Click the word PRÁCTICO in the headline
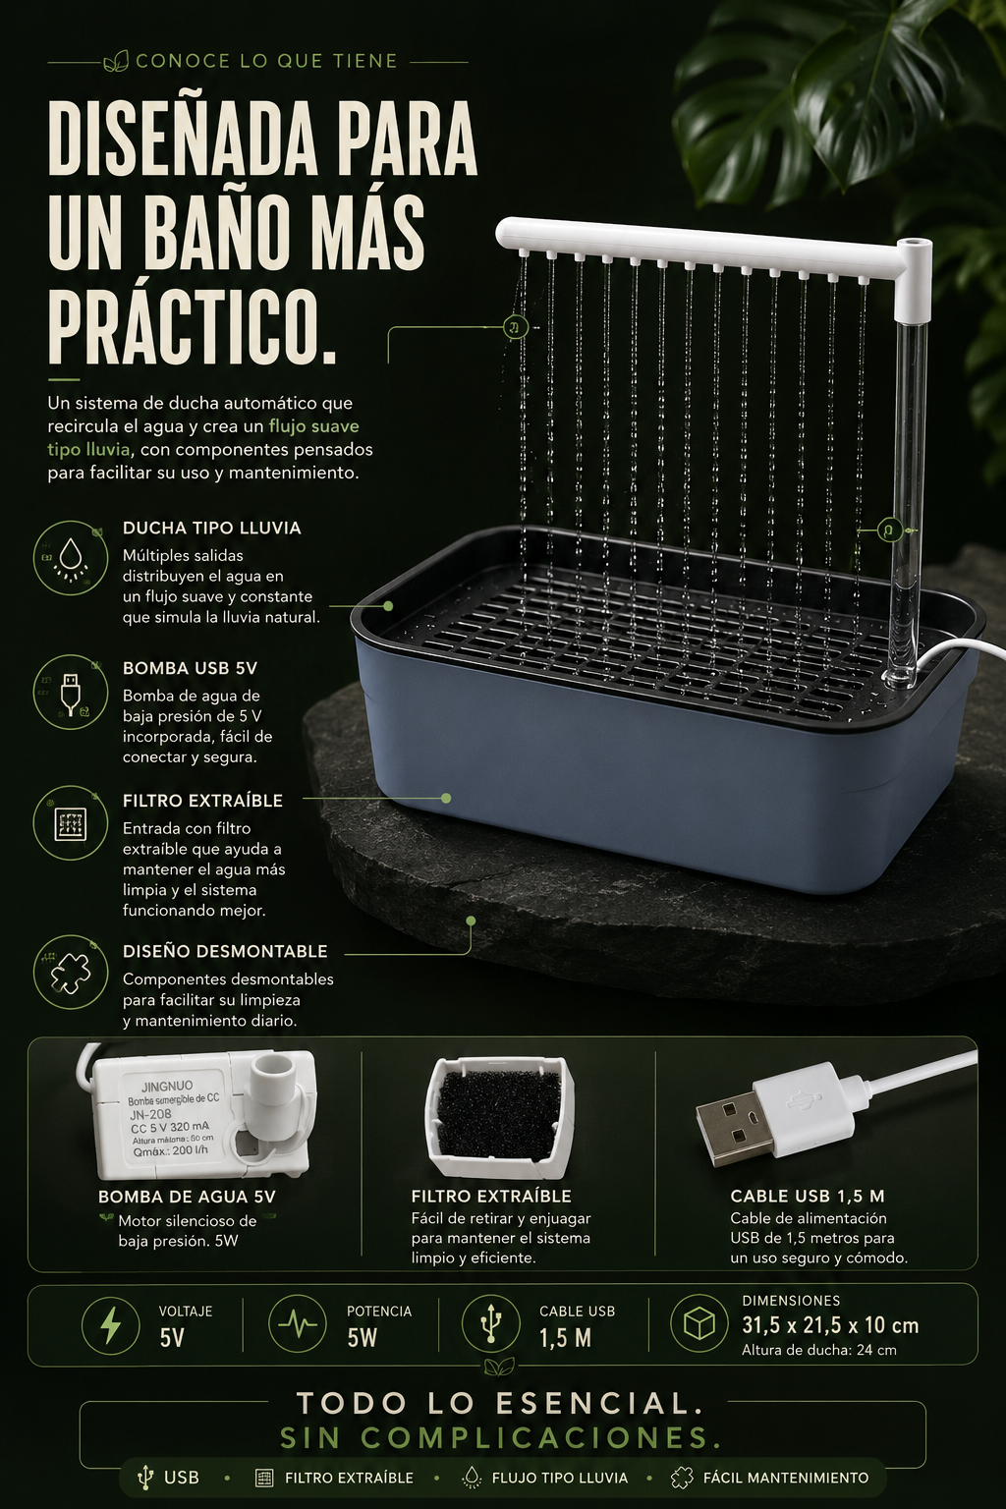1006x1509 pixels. [192, 327]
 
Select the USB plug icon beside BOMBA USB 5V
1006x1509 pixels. [70, 694]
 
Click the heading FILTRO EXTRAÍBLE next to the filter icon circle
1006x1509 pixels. [202, 801]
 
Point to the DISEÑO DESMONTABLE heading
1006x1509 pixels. [225, 951]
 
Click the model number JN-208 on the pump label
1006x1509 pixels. [150, 1114]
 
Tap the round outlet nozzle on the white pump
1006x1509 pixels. [273, 1067]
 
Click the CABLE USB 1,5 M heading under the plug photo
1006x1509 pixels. [808, 1196]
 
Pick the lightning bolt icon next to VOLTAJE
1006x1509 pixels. [110, 1324]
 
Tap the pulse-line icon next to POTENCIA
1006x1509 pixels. [297, 1324]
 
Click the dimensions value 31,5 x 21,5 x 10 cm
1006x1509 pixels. [830, 1325]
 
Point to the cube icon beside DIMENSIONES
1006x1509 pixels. [699, 1324]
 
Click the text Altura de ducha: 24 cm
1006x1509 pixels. [818, 1350]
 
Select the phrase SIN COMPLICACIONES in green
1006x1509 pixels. [501, 1437]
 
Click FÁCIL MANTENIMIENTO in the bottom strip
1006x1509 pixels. [786, 1478]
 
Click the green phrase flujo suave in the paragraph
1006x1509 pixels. [314, 426]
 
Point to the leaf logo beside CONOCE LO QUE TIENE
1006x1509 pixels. [116, 61]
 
